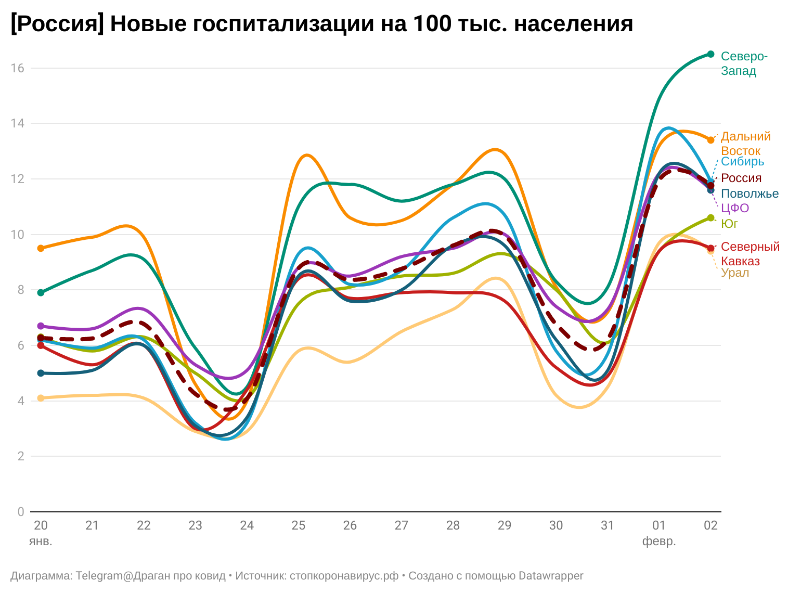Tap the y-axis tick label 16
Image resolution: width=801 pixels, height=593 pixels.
pos(17,68)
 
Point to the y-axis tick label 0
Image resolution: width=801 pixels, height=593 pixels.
pos(20,512)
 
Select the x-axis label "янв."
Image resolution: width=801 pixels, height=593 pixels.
pos(41,541)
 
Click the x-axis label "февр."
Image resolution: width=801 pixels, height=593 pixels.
pos(659,541)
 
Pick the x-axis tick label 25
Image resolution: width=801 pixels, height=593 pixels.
pos(298,525)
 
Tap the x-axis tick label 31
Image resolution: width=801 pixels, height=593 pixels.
pos(608,525)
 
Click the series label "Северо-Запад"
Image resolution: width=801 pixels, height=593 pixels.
pos(744,63)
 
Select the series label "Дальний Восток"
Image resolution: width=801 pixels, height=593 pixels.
pos(745,144)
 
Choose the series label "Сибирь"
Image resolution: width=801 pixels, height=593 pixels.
pos(742,161)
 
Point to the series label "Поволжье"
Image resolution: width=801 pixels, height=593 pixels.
pos(750,194)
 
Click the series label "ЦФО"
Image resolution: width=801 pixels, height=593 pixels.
pos(735,209)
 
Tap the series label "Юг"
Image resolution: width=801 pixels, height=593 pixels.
pos(729,224)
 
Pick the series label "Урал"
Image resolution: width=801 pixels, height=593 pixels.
pos(735,273)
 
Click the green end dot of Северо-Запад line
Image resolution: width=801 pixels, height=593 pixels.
pos(710,54)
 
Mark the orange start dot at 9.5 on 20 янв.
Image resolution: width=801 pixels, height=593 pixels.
pos(41,248)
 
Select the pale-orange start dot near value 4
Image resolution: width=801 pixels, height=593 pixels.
pos(41,398)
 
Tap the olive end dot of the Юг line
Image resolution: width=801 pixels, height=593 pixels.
pos(710,218)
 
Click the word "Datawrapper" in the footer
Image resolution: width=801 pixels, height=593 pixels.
pos(551,576)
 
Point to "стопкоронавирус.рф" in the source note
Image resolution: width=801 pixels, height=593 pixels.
pos(344,576)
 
